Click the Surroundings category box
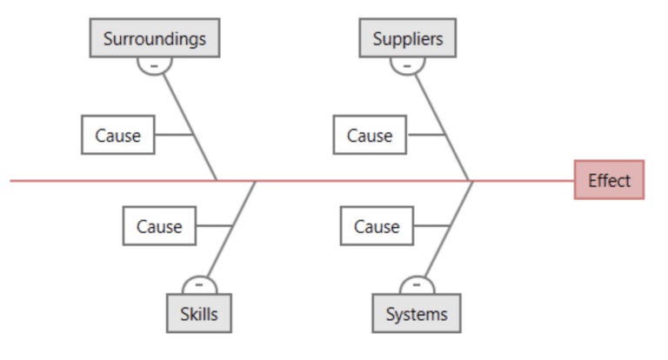(154, 38)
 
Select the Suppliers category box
(407, 38)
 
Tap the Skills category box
(199, 314)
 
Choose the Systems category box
(417, 314)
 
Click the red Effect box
(609, 180)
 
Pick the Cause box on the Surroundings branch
(117, 135)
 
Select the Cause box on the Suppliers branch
(370, 135)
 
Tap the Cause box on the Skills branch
(159, 226)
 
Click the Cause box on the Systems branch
(377, 226)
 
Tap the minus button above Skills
(199, 284)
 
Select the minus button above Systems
(417, 284)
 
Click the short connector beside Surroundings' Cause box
(173, 135)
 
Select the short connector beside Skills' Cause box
(213, 226)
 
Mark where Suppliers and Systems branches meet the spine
(471, 181)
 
